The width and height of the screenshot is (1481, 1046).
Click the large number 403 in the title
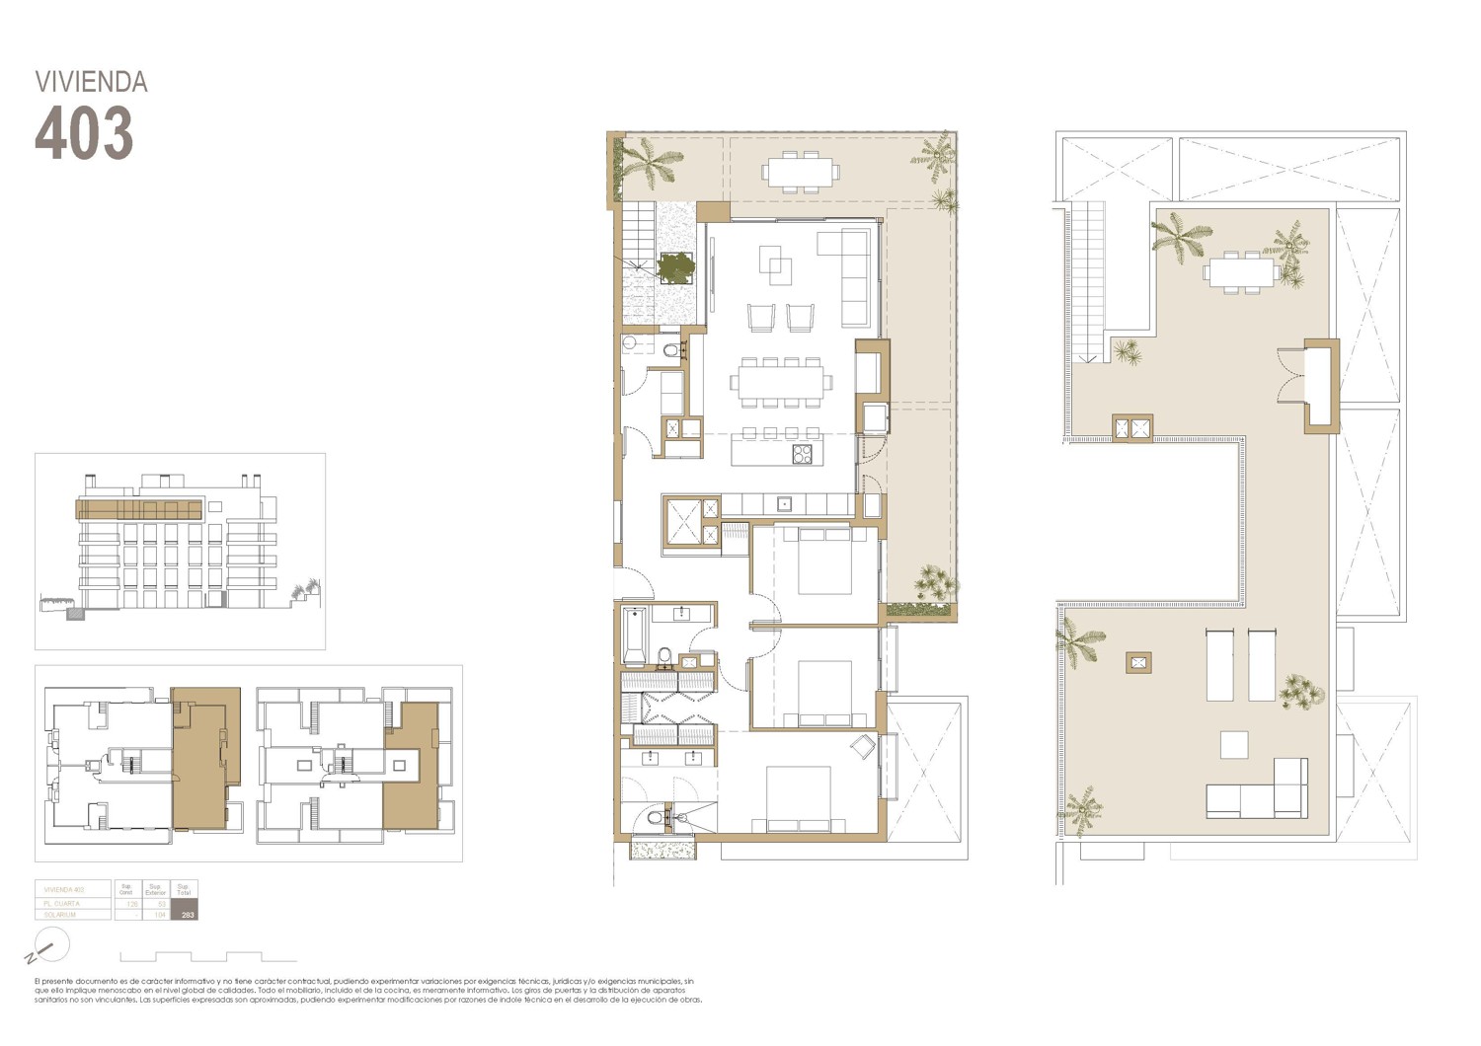84,133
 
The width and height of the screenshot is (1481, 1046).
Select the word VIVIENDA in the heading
91,82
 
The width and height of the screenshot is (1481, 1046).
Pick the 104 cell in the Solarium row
159,915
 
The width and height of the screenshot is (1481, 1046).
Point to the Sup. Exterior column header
156,889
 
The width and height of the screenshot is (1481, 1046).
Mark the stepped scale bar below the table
207,957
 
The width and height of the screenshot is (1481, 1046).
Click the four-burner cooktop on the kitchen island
802,454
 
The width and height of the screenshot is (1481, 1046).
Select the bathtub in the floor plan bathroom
634,636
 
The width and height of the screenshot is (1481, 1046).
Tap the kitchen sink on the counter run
785,504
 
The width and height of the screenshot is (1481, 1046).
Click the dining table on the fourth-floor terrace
801,171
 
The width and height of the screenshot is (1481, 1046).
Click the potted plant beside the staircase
677,266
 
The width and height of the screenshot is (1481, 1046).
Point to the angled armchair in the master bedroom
861,747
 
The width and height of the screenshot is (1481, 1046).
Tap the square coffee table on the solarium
1233,744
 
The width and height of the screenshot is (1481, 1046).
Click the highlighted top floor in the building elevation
139,510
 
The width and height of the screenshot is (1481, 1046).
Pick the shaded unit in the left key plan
205,758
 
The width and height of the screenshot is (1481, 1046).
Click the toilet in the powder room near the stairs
671,350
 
